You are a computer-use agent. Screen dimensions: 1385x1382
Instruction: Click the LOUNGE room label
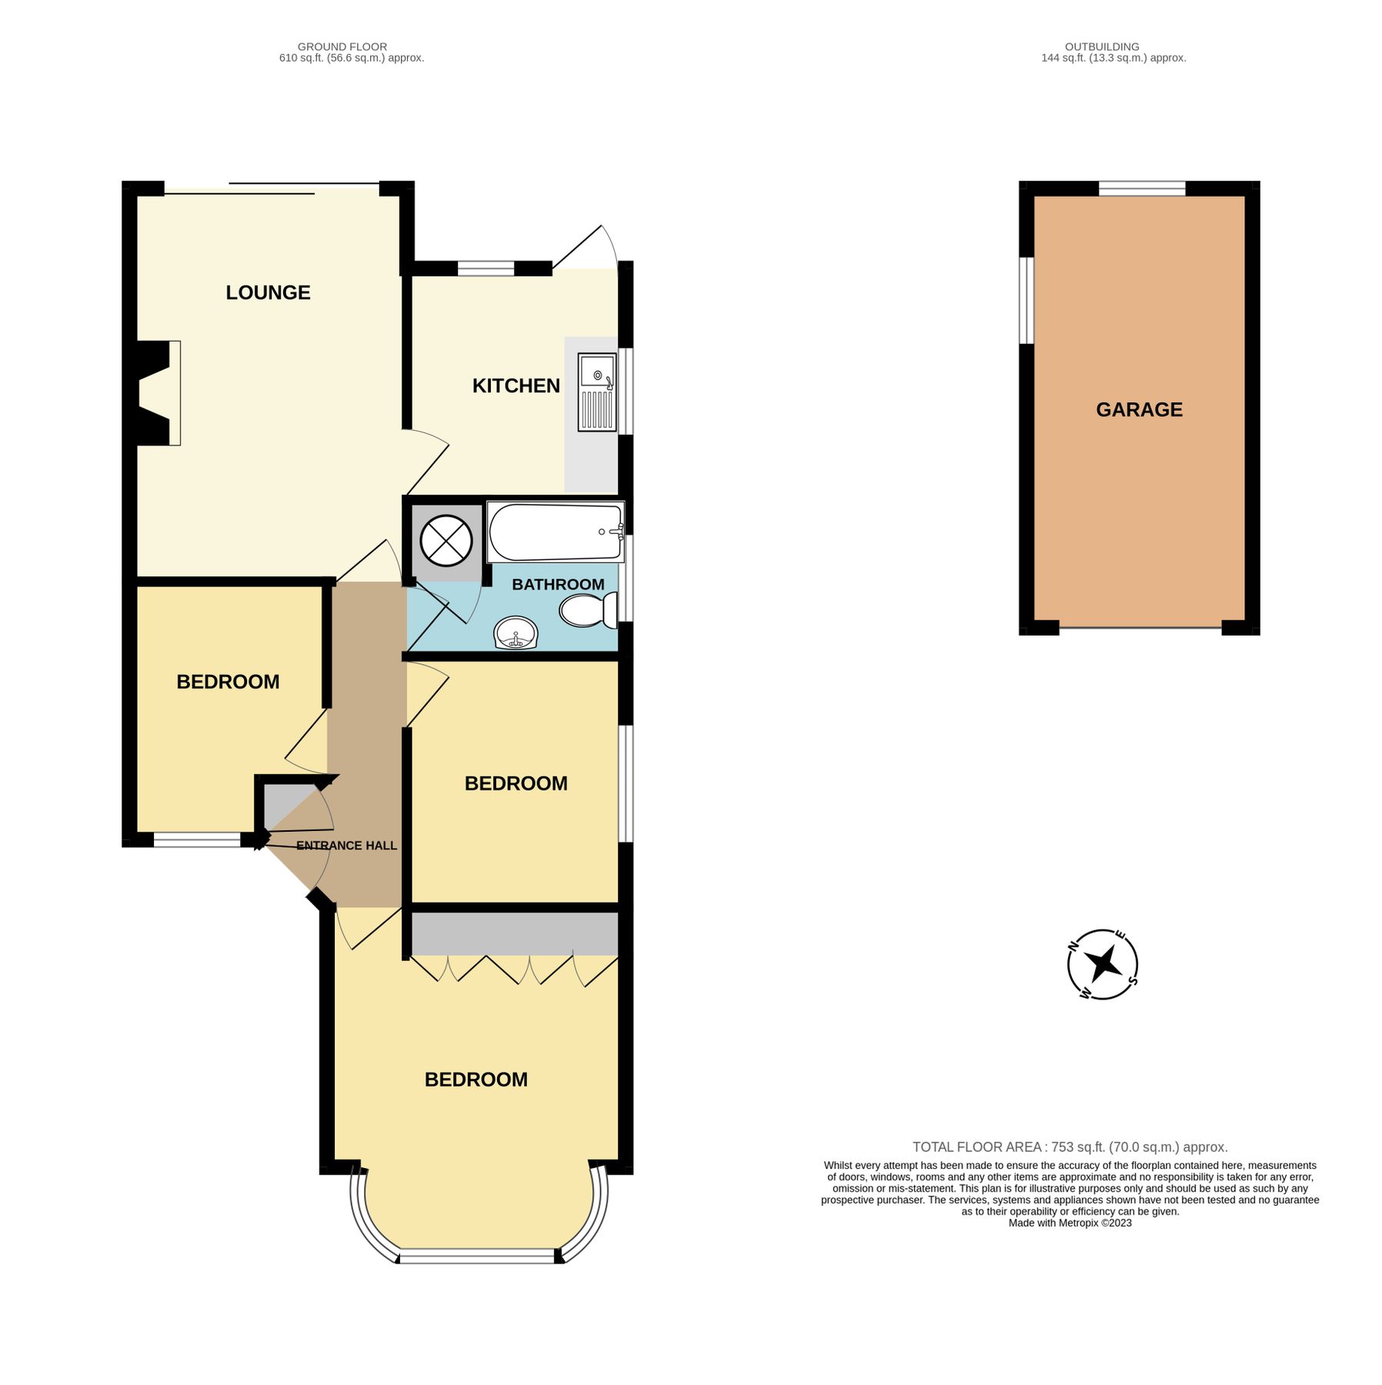coord(268,292)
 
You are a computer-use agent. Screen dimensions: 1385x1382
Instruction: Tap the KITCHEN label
coord(516,385)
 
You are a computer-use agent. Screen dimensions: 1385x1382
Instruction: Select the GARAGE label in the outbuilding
coord(1138,409)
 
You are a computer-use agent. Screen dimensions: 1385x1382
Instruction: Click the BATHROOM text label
coord(557,584)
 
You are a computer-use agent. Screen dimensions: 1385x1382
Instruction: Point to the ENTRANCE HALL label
coord(346,846)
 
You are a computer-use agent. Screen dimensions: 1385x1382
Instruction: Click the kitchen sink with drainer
coord(597,392)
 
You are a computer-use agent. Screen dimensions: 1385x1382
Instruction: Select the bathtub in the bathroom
coord(555,532)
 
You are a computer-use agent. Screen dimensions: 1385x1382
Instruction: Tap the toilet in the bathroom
coord(589,611)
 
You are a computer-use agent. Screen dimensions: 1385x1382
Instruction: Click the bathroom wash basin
coord(516,633)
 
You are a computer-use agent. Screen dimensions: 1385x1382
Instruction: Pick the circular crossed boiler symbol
coord(446,540)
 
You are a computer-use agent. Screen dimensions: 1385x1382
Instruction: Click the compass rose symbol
coord(1102,963)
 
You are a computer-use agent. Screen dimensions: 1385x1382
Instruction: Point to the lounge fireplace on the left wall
coord(158,392)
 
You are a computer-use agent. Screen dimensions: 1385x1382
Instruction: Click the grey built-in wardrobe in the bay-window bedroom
coord(514,933)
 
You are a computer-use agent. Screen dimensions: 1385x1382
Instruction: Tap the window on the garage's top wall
coord(1141,189)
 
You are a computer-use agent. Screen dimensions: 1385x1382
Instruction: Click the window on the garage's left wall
coord(1026,300)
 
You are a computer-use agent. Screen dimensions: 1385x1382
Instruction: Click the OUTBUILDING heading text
coord(1101,47)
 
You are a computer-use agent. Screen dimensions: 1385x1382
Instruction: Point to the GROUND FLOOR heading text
coord(342,47)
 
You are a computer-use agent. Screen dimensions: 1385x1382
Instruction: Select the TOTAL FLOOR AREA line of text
coord(1070,1146)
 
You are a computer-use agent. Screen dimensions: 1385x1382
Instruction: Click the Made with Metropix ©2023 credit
coord(1070,1223)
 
